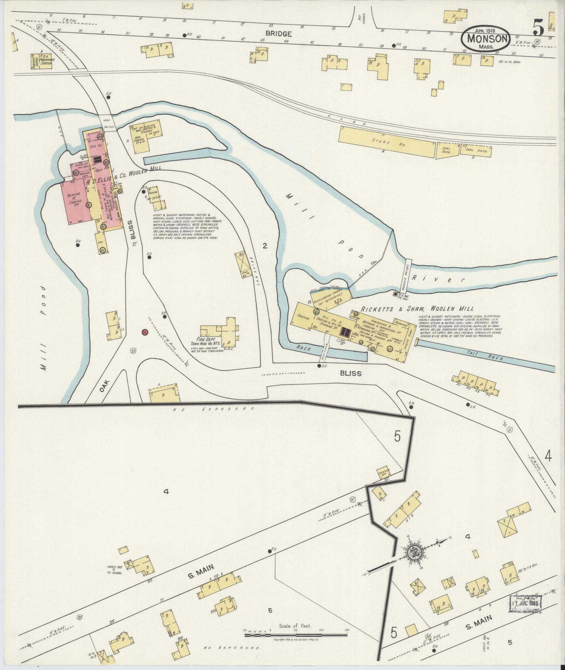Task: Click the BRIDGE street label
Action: (278, 34)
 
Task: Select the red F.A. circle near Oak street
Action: (144, 331)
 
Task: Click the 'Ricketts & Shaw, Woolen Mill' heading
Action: (417, 309)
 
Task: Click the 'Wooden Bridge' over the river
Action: (406, 273)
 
